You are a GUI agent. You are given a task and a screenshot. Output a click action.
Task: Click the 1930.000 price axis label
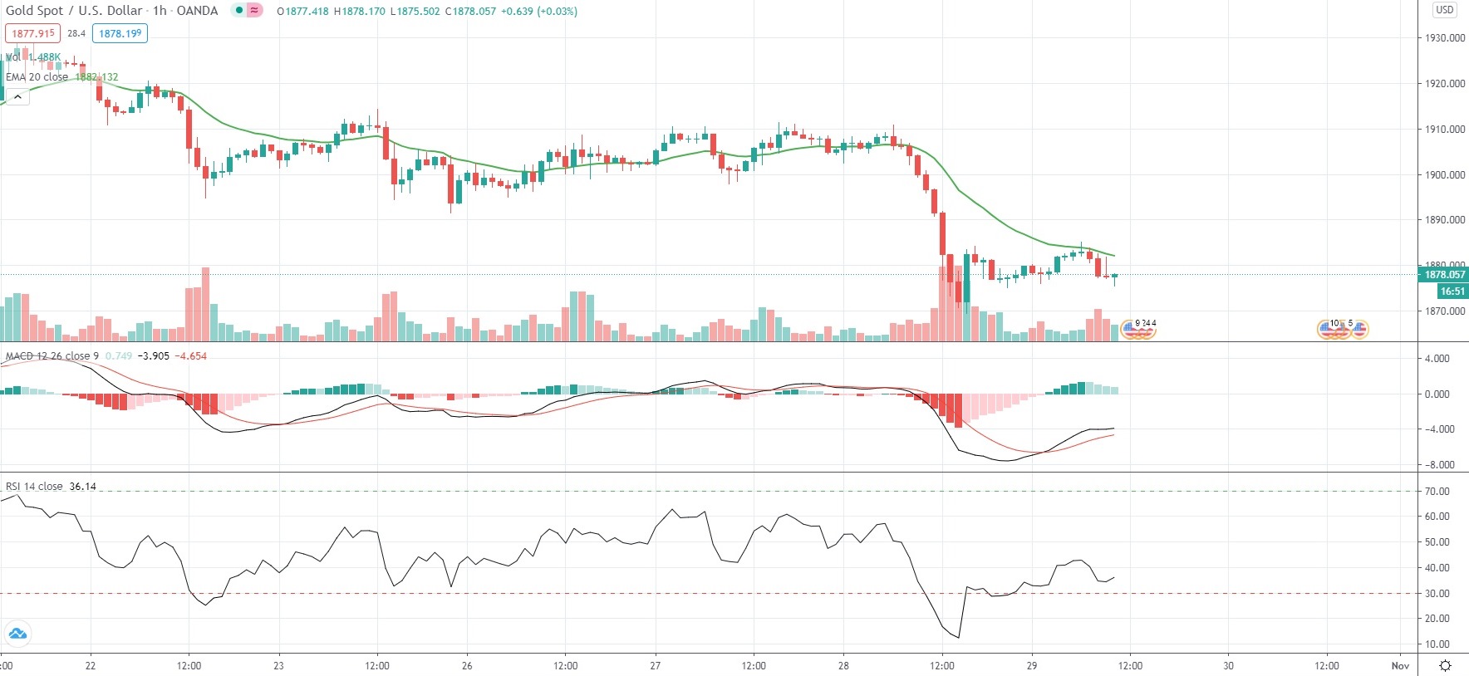[x=1444, y=38]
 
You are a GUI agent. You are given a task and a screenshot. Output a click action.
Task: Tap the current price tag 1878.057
[x=1445, y=275]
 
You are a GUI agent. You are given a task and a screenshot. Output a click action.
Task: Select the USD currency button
[x=1445, y=10]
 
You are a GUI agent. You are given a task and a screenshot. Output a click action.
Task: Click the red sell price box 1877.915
[x=33, y=34]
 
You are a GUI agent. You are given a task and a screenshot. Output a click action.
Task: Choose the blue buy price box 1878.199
[x=120, y=34]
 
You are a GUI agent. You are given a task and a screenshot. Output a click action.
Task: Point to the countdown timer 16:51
[x=1452, y=291]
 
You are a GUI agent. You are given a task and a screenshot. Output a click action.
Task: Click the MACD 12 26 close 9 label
[x=52, y=356]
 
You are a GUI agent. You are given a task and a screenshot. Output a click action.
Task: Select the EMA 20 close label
[x=37, y=77]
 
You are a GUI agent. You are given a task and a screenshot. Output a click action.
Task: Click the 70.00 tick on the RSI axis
[x=1437, y=492]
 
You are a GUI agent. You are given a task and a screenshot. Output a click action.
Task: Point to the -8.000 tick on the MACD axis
[x=1439, y=465]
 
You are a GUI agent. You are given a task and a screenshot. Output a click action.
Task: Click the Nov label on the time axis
[x=1400, y=665]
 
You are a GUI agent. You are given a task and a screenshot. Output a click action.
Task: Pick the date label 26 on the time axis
[x=467, y=665]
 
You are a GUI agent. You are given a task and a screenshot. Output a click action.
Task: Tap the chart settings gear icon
[x=1445, y=665]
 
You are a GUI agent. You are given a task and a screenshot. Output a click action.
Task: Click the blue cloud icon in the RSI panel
[x=17, y=634]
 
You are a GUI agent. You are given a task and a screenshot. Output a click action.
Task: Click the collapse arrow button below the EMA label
[x=17, y=97]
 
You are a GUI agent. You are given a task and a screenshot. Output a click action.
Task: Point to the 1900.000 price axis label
[x=1444, y=175]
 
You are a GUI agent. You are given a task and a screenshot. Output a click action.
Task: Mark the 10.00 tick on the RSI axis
[x=1437, y=644]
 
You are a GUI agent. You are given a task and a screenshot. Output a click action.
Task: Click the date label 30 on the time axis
[x=1228, y=665]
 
